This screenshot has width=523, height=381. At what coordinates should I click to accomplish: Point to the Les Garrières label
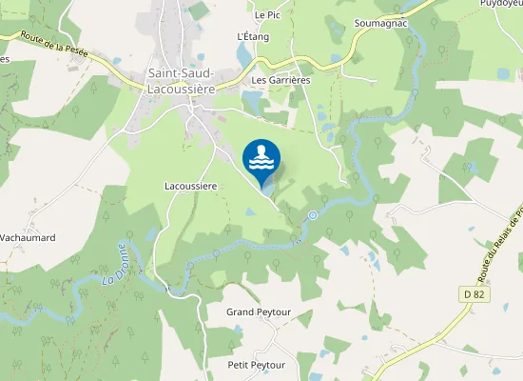(281, 81)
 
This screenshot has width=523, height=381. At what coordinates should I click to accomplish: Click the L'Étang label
(253, 36)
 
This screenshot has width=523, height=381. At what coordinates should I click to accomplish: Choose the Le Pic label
(266, 15)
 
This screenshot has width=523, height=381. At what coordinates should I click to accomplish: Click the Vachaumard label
(28, 237)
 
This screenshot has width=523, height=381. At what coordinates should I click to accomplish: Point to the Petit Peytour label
(258, 365)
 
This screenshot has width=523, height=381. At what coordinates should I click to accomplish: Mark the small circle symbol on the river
(313, 216)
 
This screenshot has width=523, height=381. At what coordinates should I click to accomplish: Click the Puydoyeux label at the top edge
(502, 4)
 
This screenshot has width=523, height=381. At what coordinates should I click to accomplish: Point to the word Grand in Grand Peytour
(241, 312)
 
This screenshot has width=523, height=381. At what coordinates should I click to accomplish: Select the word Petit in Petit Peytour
(241, 365)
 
